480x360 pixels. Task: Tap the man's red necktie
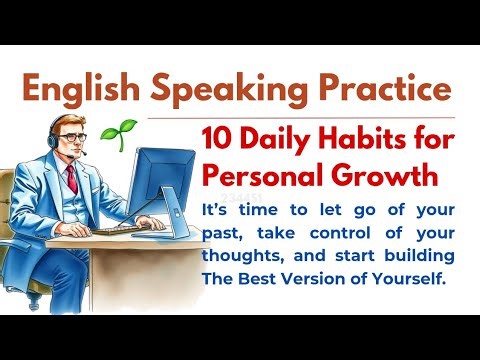coord(71,179)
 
